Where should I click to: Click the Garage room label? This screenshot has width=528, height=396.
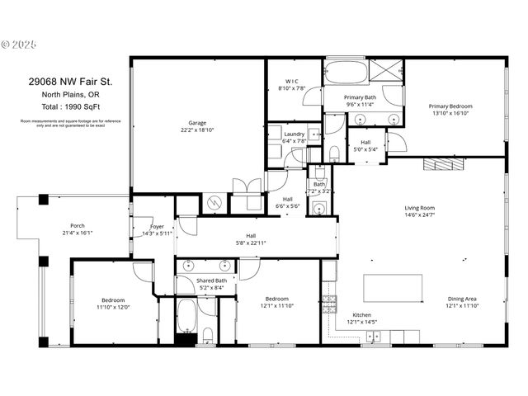[196, 123]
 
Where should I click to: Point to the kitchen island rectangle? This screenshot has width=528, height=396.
[392, 288]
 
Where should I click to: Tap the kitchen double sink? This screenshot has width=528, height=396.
[374, 336]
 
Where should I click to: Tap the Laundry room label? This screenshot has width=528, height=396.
[295, 134]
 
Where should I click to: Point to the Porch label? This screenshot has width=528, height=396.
[78, 225]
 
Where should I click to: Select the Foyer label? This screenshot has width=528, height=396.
[158, 226]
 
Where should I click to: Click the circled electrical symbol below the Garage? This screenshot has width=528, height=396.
[214, 203]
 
